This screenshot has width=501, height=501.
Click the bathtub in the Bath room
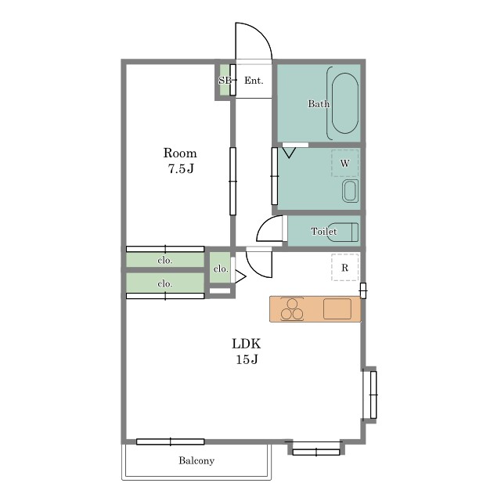[x=344, y=103]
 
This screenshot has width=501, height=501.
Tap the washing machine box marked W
[x=344, y=163]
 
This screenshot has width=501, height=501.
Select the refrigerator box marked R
[x=344, y=268]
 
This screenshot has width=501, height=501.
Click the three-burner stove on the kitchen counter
[x=292, y=309]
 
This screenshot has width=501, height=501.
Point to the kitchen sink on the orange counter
[x=337, y=308]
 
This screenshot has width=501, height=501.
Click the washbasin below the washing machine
[x=350, y=191]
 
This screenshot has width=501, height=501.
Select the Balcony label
[x=196, y=460]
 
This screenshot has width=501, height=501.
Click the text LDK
[x=246, y=344]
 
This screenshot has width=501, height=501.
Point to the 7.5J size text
[x=181, y=168]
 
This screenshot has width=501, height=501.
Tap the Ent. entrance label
[x=254, y=81]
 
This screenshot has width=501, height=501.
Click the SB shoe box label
[x=225, y=81]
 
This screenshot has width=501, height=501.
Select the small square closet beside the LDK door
[x=220, y=268]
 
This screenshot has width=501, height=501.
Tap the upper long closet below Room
[x=165, y=260]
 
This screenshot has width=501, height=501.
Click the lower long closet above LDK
[x=165, y=283]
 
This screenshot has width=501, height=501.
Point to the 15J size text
[x=247, y=359]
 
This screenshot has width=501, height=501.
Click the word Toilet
[x=323, y=231]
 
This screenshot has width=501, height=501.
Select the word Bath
[x=319, y=103]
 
